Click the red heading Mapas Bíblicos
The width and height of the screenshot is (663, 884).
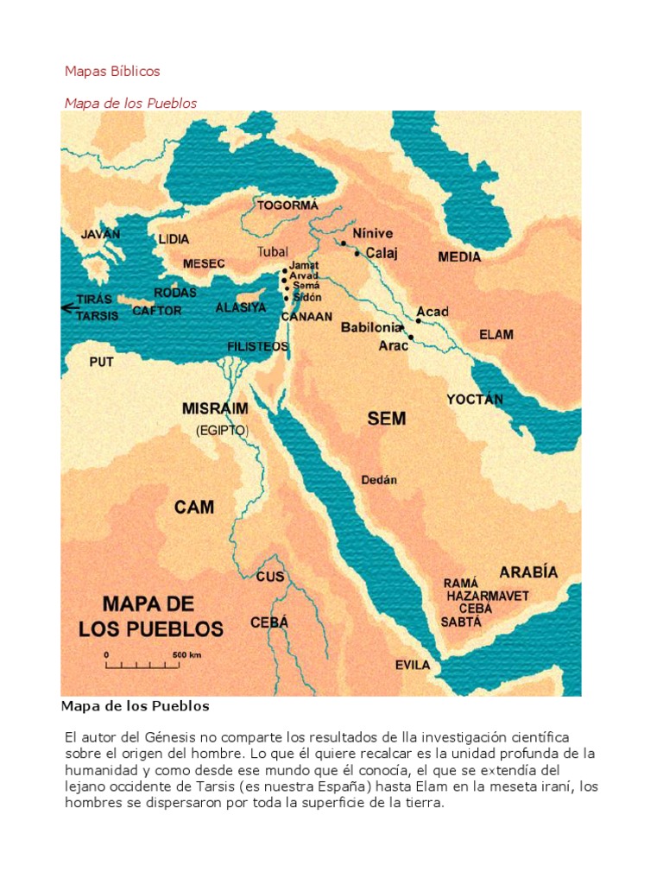point(112,71)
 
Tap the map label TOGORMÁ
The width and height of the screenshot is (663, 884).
point(287,205)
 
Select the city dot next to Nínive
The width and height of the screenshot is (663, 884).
point(343,243)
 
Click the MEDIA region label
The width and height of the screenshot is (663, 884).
point(459,257)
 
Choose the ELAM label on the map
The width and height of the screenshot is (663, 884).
point(496,335)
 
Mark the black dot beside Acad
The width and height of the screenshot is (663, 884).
point(419,320)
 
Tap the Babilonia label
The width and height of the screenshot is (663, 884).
point(371,328)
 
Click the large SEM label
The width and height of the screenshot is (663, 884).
point(386,420)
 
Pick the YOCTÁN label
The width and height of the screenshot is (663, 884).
point(474,400)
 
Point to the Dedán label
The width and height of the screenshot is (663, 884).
point(379,480)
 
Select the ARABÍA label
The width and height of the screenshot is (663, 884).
point(528,571)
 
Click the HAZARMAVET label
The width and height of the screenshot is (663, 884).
point(488,596)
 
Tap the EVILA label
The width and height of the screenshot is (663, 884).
point(413,665)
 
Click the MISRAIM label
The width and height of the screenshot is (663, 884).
point(216,408)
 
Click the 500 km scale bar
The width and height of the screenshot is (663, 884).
point(142,666)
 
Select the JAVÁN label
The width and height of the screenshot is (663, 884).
point(100,234)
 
